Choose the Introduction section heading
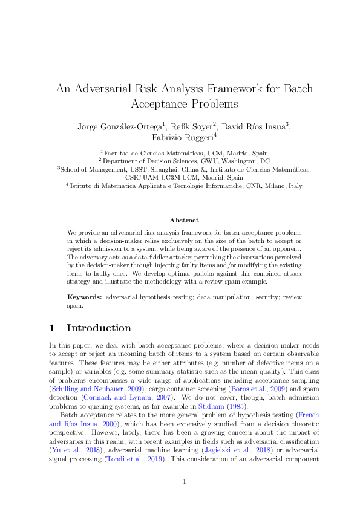[98, 328]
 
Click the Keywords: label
[85, 297]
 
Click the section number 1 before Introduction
[52, 328]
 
